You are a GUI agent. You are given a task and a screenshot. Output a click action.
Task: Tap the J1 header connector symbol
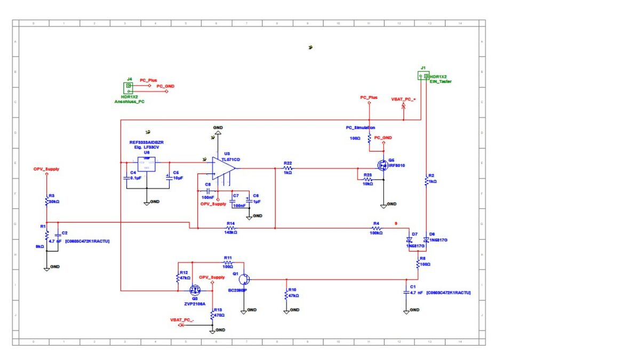point(423,76)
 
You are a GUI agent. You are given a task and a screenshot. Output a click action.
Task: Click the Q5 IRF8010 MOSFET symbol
point(382,165)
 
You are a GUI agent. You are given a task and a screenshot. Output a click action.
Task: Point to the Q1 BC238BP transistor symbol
point(243,278)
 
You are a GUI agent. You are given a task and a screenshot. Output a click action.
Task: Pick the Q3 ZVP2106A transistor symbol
point(195,290)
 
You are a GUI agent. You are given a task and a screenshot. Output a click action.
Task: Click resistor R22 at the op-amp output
point(287,168)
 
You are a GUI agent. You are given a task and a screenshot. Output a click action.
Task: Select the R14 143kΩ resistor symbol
point(231,228)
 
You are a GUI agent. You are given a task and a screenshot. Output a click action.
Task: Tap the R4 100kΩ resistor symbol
point(376,228)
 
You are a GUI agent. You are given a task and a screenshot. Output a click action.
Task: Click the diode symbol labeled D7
point(409,240)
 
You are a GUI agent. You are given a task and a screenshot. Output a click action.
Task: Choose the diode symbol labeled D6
point(426,240)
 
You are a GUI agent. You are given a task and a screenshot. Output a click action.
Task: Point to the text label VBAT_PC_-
point(182,319)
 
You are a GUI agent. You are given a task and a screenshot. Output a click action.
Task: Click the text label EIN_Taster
point(441,82)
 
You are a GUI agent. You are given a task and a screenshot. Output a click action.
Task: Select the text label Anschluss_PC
point(129,101)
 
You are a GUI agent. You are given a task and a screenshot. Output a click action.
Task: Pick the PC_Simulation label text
point(361,128)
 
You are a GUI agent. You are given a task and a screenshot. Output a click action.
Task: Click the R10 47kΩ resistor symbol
point(286,294)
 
